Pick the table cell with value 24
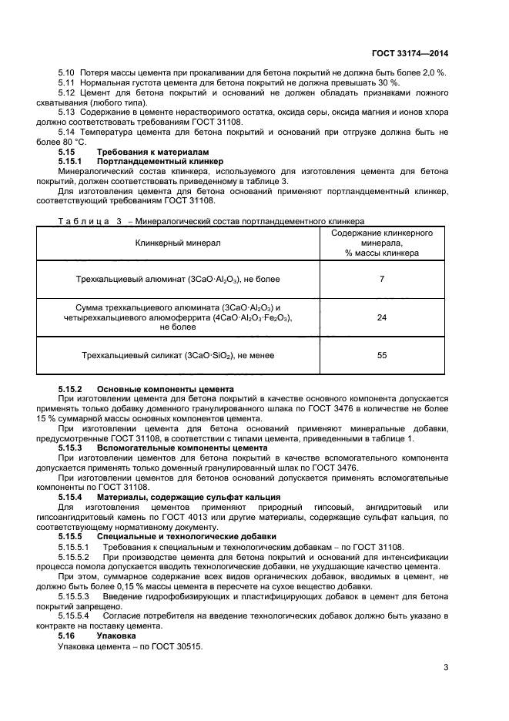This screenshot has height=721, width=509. coord(381,317)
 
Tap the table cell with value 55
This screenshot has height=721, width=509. coord(381,355)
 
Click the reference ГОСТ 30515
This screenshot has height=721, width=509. coord(177,646)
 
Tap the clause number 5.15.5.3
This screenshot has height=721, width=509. coord(74,596)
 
